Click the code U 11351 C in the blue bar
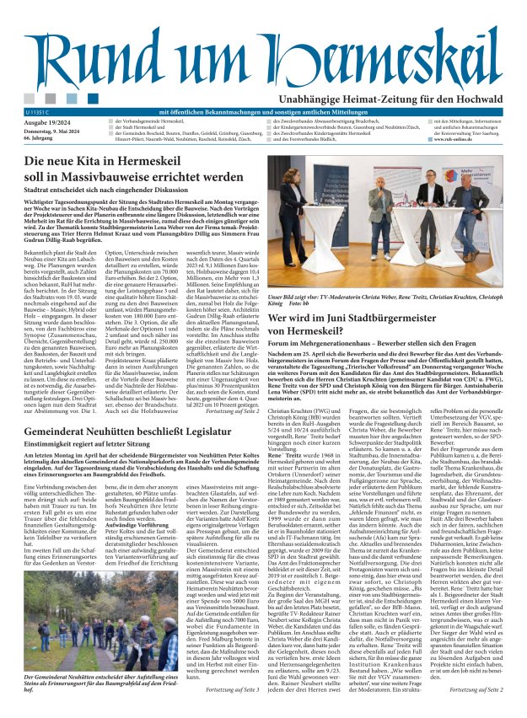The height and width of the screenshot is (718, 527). [x=39, y=111]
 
